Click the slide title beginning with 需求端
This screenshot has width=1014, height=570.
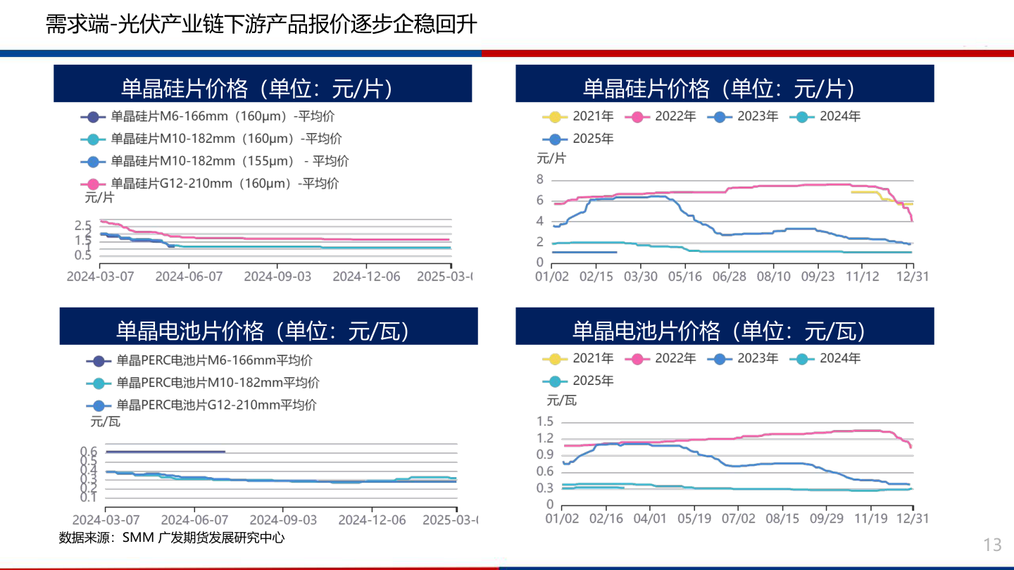(261, 25)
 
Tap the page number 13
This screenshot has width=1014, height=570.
(992, 545)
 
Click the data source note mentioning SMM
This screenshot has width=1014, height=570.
(172, 538)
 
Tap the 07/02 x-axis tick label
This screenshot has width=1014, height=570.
(737, 519)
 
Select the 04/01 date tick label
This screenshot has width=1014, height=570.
(650, 519)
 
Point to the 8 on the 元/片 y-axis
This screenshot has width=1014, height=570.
(539, 180)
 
